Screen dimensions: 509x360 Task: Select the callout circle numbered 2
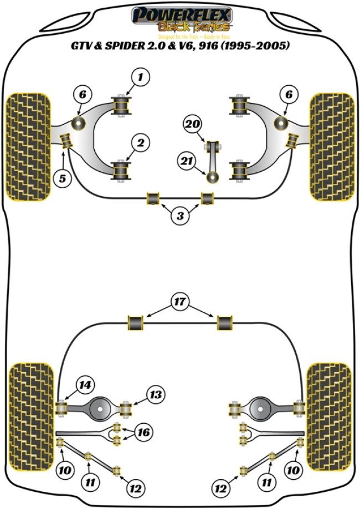point(141,143)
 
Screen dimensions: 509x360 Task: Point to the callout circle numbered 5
point(65,179)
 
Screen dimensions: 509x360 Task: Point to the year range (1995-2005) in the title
point(255,47)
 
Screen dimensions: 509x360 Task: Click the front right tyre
point(331,146)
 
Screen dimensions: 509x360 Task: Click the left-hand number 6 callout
point(82,95)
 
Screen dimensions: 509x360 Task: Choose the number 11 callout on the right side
point(268,482)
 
